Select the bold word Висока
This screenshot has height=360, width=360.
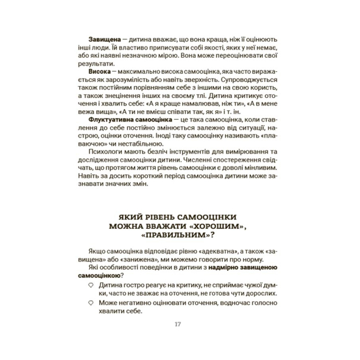(x=100, y=72)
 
